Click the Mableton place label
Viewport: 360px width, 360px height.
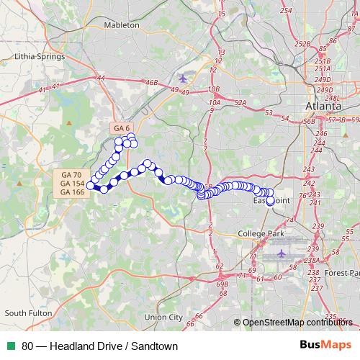pyautogui.click(x=122, y=24)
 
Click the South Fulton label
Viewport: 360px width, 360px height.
pyautogui.click(x=25, y=313)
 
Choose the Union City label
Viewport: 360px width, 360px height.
pyautogui.click(x=163, y=317)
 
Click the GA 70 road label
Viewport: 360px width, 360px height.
pyautogui.click(x=71, y=175)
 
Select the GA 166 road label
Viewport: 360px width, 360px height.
pyautogui.click(x=71, y=192)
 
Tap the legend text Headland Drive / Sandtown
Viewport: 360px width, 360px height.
pyautogui.click(x=100, y=346)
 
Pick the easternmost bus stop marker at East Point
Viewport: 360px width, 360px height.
pyautogui.click(x=271, y=202)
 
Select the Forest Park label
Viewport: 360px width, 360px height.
pyautogui.click(x=341, y=274)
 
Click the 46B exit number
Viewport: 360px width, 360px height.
pyautogui.click(x=151, y=83)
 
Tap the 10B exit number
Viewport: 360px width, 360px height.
pyautogui.click(x=213, y=89)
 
